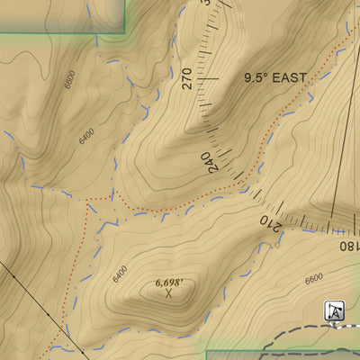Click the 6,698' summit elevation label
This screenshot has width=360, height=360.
click(169, 283)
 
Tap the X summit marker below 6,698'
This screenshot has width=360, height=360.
click(168, 293)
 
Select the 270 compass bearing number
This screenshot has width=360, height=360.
click(187, 79)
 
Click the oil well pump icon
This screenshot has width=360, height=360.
click(334, 310)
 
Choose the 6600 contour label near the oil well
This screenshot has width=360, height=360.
click(313, 279)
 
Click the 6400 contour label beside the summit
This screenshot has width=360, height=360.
click(120, 273)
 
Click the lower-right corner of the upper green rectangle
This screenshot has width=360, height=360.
click(124, 32)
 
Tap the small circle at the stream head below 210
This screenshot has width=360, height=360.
click(282, 236)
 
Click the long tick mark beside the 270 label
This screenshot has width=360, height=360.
click(208, 79)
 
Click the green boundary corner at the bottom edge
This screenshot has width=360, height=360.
click(206, 353)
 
